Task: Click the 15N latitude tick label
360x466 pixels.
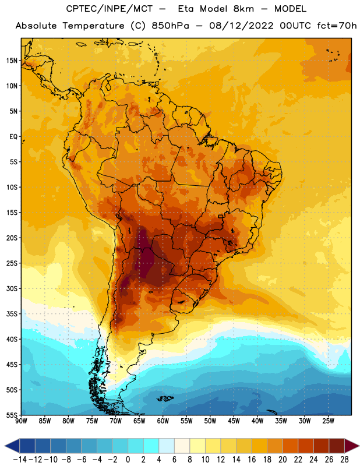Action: coord(12,61)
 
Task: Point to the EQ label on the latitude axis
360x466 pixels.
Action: coord(13,137)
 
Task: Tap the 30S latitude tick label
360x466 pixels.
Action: coord(12,288)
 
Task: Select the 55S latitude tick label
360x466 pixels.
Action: coord(12,415)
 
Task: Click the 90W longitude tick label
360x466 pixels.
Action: coord(21,421)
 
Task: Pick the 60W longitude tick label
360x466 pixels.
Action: coord(163,421)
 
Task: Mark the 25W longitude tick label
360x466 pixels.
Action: coord(328,421)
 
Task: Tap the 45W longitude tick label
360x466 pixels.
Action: coord(234,421)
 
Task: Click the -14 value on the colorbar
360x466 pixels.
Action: coord(20,460)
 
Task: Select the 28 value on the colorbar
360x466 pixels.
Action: coord(344,460)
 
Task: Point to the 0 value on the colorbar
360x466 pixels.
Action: coord(128,460)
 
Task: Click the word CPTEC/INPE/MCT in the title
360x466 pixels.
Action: coord(110,9)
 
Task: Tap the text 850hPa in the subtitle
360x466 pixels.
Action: coord(170,26)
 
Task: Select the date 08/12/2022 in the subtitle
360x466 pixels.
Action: coord(241,26)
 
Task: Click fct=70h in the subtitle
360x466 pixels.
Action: coord(337,26)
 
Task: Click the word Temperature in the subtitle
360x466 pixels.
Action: coord(93,26)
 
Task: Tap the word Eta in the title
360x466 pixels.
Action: coord(186,9)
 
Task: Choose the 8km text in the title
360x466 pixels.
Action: coord(243,9)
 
